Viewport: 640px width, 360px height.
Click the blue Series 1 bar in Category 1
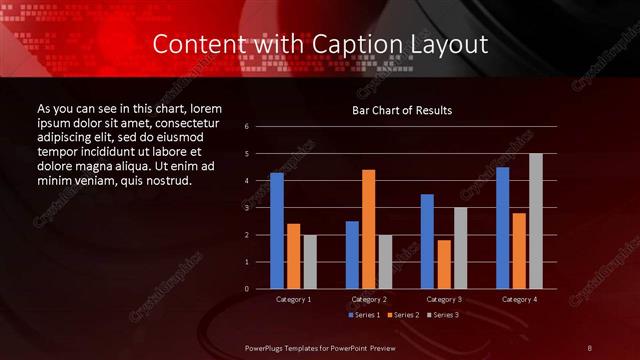pyautogui.click(x=277, y=231)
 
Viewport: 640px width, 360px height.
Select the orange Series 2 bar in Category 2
pyautogui.click(x=368, y=229)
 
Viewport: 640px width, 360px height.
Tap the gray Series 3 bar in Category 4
pyautogui.click(x=536, y=221)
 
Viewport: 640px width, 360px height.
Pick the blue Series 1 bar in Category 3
pyautogui.click(x=427, y=241)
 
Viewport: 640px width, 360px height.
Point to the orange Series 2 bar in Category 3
pyautogui.click(x=443, y=264)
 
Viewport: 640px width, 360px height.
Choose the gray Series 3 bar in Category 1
pyautogui.click(x=309, y=261)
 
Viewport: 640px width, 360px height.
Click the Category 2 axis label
pyautogui.click(x=369, y=299)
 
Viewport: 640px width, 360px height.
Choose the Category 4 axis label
pyautogui.click(x=519, y=299)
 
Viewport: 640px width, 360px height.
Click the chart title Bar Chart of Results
pyautogui.click(x=402, y=109)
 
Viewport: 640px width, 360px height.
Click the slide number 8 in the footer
pyautogui.click(x=590, y=346)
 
